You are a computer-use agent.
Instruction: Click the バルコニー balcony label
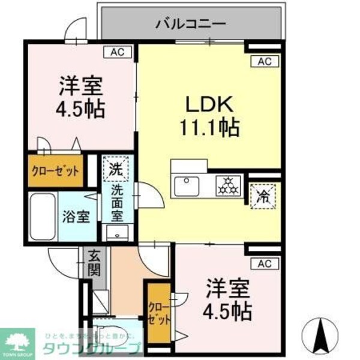(190, 25)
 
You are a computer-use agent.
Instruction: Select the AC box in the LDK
(265, 61)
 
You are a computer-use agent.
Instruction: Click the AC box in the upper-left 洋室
(118, 52)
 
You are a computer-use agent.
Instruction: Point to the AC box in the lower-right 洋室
(265, 262)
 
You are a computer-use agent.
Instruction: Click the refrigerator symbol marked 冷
(263, 194)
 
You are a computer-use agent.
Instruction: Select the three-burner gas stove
(227, 186)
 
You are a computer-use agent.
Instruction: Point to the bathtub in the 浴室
(42, 216)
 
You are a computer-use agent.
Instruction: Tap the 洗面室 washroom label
(117, 203)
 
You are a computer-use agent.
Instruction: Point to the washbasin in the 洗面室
(115, 233)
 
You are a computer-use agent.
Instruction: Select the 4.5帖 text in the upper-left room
(80, 109)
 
